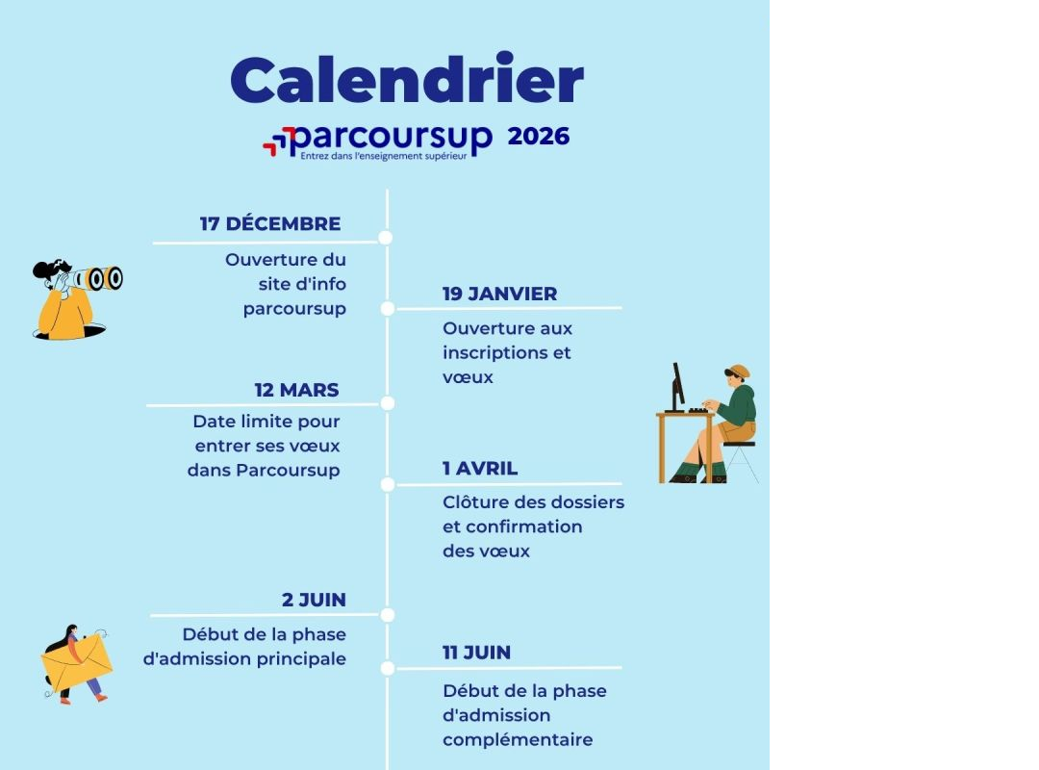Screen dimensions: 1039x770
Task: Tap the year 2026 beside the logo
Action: (538, 136)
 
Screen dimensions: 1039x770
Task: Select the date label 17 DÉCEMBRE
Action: (270, 223)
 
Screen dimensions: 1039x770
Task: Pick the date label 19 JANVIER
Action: (499, 294)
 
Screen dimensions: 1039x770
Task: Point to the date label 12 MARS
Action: (297, 390)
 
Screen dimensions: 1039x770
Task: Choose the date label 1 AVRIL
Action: (480, 468)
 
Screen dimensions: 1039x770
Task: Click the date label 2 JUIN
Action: (314, 600)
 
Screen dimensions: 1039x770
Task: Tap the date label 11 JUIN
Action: (476, 653)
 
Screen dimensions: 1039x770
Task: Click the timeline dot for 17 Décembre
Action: (386, 238)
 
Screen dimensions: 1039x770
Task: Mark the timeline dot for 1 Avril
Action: (388, 485)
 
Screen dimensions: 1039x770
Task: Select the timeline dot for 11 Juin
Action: (388, 669)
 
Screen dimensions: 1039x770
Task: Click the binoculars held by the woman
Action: (99, 278)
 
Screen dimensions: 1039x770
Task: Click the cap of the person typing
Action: (738, 371)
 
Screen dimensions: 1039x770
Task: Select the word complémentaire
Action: (518, 739)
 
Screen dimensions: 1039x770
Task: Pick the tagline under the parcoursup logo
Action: (384, 157)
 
